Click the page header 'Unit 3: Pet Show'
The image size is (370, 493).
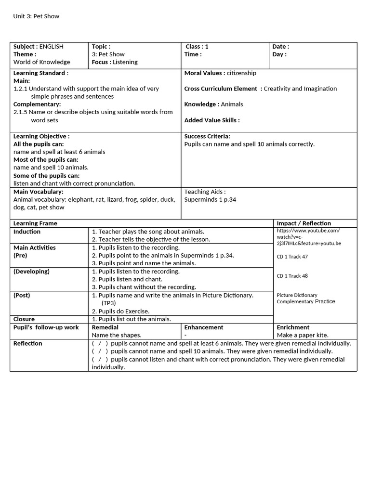(36, 16)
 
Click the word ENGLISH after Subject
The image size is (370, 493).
(51, 47)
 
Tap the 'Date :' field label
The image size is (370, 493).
(280, 47)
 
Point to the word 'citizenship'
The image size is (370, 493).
(241, 73)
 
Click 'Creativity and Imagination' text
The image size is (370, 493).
(300, 89)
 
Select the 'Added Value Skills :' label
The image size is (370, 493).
(211, 120)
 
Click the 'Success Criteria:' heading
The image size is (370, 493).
(207, 136)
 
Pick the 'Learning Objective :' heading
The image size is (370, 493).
(41, 136)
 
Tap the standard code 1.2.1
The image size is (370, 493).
(21, 89)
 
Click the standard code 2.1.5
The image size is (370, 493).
(21, 112)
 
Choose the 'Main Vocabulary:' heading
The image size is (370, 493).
(39, 192)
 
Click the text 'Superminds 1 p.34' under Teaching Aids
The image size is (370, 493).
(210, 199)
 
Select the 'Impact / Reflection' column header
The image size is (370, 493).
(304, 223)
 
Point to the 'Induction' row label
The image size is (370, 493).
(27, 232)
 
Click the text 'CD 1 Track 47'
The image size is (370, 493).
(292, 257)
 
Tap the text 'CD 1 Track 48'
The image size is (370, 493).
(292, 276)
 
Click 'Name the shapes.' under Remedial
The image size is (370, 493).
(117, 335)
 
